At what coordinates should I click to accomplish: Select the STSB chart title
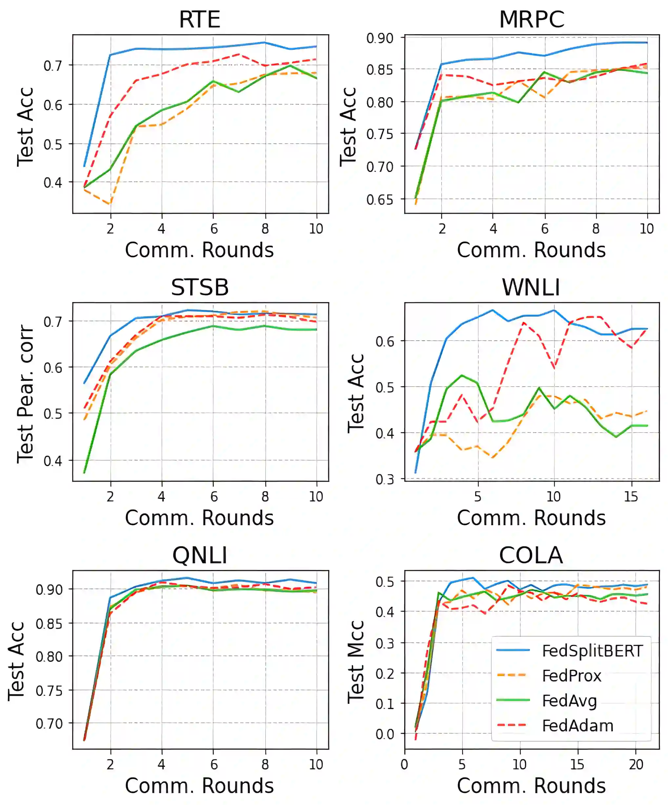(199, 288)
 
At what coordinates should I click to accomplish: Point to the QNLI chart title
(199, 555)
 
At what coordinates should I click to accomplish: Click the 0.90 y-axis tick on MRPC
(380, 38)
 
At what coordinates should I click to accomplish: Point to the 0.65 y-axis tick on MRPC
(380, 200)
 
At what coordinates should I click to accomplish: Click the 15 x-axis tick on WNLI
(631, 497)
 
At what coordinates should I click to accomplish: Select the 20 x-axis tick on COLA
(636, 765)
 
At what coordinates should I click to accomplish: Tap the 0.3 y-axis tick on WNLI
(385, 479)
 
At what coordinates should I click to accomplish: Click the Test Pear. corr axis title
(25, 394)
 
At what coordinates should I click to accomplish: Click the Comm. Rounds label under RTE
(199, 250)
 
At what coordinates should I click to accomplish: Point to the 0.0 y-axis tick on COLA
(385, 734)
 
